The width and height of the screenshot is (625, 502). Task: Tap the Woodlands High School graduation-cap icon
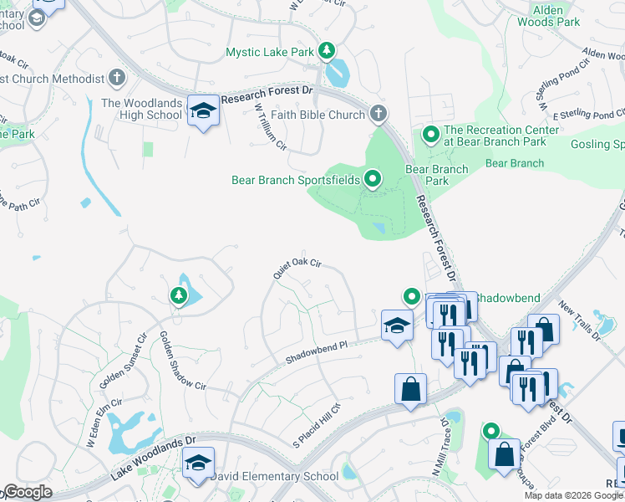point(203,110)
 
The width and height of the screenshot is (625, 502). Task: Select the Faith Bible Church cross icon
point(378,114)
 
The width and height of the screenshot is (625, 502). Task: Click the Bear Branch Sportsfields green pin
point(372,178)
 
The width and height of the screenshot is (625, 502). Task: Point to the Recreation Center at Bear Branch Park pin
point(431,133)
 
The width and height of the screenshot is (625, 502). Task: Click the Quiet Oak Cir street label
point(297,267)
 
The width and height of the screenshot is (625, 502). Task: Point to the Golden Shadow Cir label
point(181,361)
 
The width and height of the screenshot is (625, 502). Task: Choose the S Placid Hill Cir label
point(318,425)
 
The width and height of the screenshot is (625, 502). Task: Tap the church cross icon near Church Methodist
point(116,79)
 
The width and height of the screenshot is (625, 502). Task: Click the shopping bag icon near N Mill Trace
point(410,389)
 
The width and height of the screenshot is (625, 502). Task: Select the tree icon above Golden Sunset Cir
point(178,295)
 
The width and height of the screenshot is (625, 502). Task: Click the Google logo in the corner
point(27,492)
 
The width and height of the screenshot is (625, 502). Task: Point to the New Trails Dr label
point(580,321)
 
